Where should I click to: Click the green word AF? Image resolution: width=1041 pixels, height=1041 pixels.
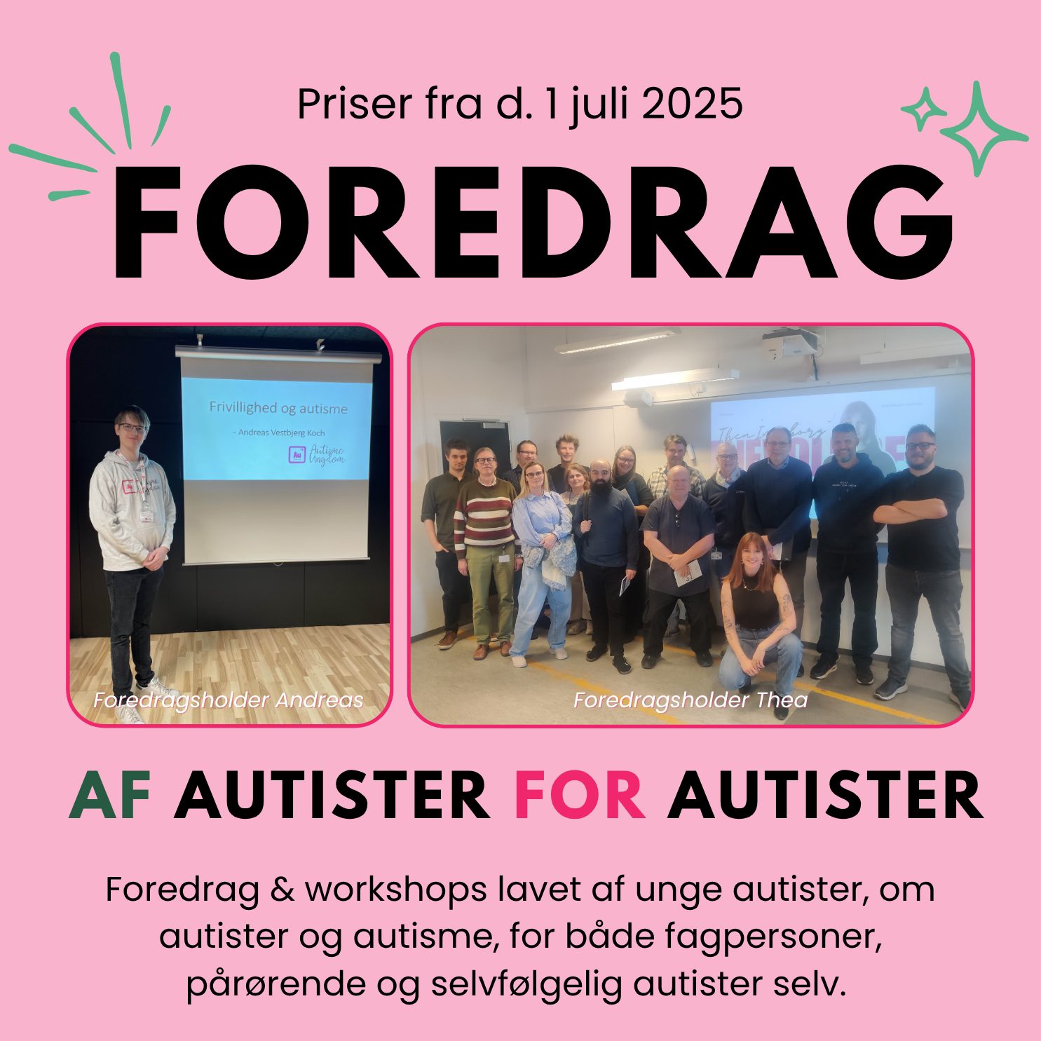click(111, 796)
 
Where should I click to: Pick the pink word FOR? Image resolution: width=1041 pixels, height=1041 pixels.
click(580, 796)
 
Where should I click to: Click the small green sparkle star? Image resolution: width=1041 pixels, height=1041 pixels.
click(923, 109)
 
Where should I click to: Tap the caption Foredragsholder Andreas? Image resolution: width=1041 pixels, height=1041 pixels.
click(229, 700)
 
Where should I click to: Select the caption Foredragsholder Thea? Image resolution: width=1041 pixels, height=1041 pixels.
click(690, 700)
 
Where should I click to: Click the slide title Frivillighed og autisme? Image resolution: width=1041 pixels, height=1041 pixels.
click(278, 408)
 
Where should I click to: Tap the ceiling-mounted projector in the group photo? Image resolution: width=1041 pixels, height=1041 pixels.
click(790, 344)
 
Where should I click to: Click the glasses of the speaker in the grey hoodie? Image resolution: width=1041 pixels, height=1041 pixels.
click(132, 427)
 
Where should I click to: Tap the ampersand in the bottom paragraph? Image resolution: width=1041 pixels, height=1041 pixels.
click(281, 890)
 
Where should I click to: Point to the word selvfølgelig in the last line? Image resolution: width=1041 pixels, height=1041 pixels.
click(526, 984)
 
